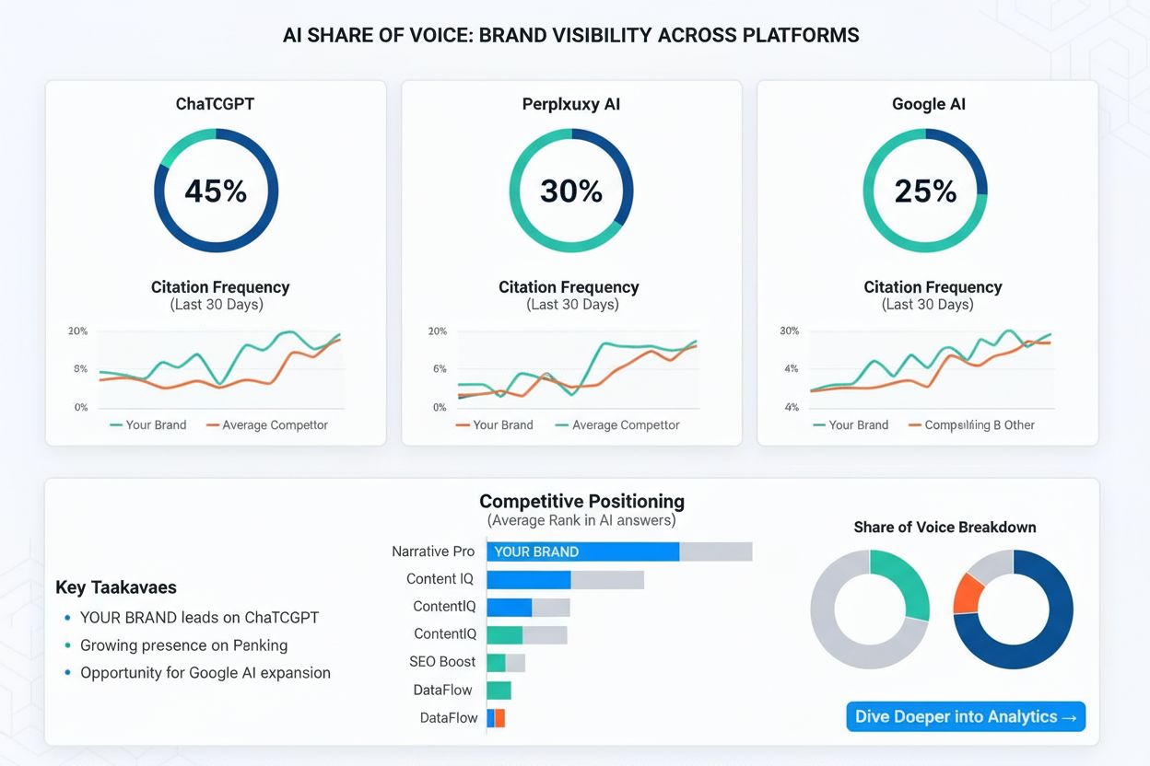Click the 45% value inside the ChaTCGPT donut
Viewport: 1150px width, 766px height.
216,191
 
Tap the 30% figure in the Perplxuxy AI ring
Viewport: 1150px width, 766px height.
571,191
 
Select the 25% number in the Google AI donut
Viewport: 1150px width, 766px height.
925,191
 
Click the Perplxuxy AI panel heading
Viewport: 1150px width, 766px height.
571,104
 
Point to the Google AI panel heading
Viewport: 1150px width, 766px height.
928,104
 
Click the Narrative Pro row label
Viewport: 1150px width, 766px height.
433,551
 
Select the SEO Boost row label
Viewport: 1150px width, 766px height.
442,662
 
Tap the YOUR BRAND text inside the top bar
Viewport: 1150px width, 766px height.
536,551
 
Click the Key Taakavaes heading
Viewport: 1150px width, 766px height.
116,587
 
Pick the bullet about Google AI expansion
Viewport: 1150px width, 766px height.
205,673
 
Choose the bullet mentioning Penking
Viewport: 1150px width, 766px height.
183,645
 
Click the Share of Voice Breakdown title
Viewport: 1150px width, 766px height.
945,528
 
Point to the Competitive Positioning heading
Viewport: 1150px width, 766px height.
581,502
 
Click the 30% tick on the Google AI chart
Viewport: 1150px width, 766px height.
789,331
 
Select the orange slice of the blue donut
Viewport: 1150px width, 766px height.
968,592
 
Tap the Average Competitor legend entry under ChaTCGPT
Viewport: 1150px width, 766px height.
266,425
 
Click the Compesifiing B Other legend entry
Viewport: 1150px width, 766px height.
971,425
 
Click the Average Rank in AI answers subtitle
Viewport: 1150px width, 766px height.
581,521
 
